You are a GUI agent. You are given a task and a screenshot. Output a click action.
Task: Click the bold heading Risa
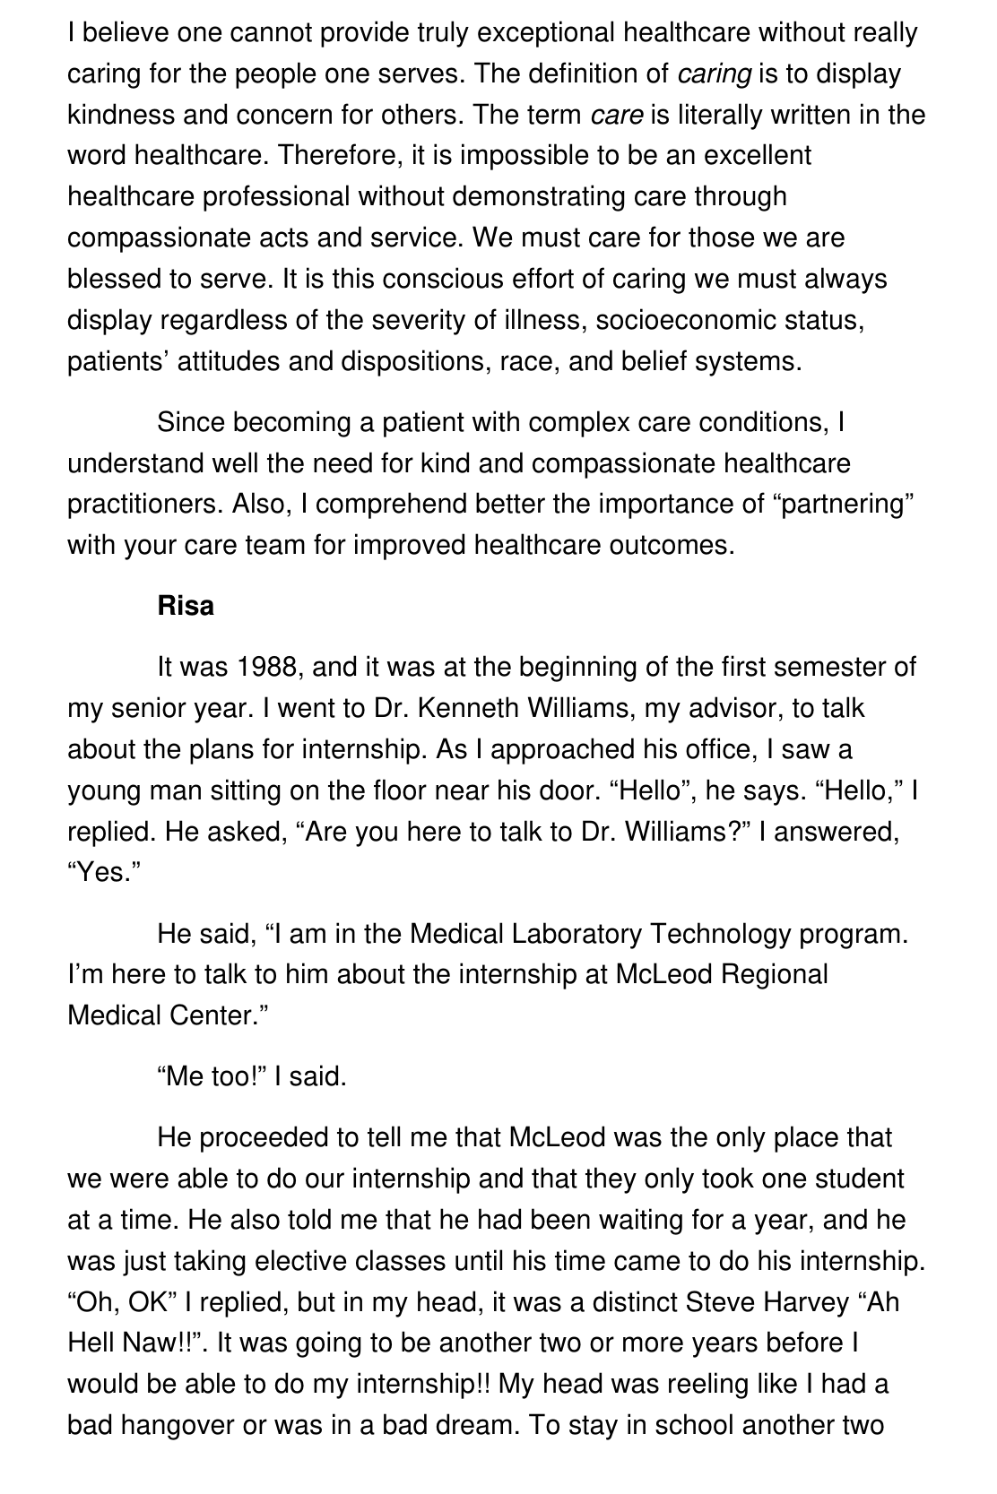(186, 606)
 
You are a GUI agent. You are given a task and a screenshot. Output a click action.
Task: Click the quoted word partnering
(842, 504)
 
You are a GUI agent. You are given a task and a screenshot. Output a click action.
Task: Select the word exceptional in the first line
(545, 33)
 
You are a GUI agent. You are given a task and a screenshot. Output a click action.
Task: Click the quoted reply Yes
(100, 873)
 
